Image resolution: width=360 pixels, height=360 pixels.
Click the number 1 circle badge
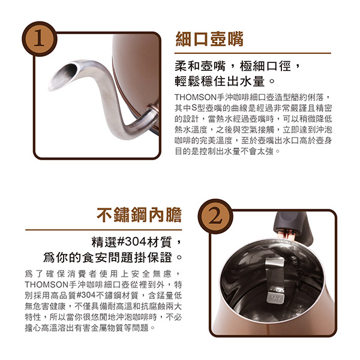click(x=39, y=39)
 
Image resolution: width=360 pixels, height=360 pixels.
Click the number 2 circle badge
click(x=215, y=217)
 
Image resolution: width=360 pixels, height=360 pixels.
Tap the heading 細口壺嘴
click(x=209, y=39)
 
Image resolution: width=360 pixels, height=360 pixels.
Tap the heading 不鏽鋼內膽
click(x=139, y=215)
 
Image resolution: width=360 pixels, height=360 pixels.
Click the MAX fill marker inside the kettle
click(x=275, y=298)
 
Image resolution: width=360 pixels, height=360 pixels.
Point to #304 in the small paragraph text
click(x=86, y=295)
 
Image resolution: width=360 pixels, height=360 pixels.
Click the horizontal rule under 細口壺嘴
click(x=253, y=53)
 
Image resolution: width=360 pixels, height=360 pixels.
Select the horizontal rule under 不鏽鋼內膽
click(x=104, y=230)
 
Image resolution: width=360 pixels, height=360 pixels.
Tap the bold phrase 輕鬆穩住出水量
click(x=220, y=82)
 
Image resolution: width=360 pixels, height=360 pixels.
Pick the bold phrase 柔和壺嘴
click(x=200, y=67)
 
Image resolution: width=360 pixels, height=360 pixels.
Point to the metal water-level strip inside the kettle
click(x=275, y=278)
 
